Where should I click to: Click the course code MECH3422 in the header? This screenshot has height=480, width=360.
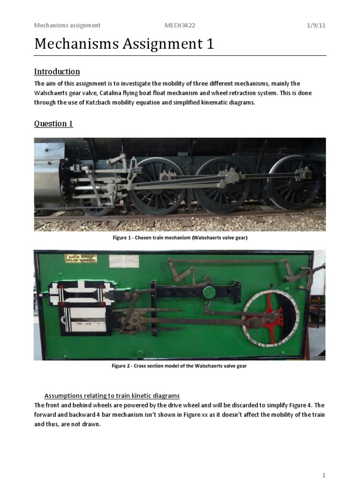178,25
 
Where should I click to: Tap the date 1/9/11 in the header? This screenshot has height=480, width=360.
316,25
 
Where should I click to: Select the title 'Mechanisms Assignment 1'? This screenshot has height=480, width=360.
124,44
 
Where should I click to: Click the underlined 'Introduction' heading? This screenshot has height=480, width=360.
57,72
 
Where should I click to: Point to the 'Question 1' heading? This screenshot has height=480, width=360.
53,124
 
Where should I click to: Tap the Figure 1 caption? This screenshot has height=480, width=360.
180,238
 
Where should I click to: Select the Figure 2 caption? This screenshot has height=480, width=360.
179,366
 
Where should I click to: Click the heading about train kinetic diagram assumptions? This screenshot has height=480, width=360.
112,396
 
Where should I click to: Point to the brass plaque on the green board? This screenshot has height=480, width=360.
81,258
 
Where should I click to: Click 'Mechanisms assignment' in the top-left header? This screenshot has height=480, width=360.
67,25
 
